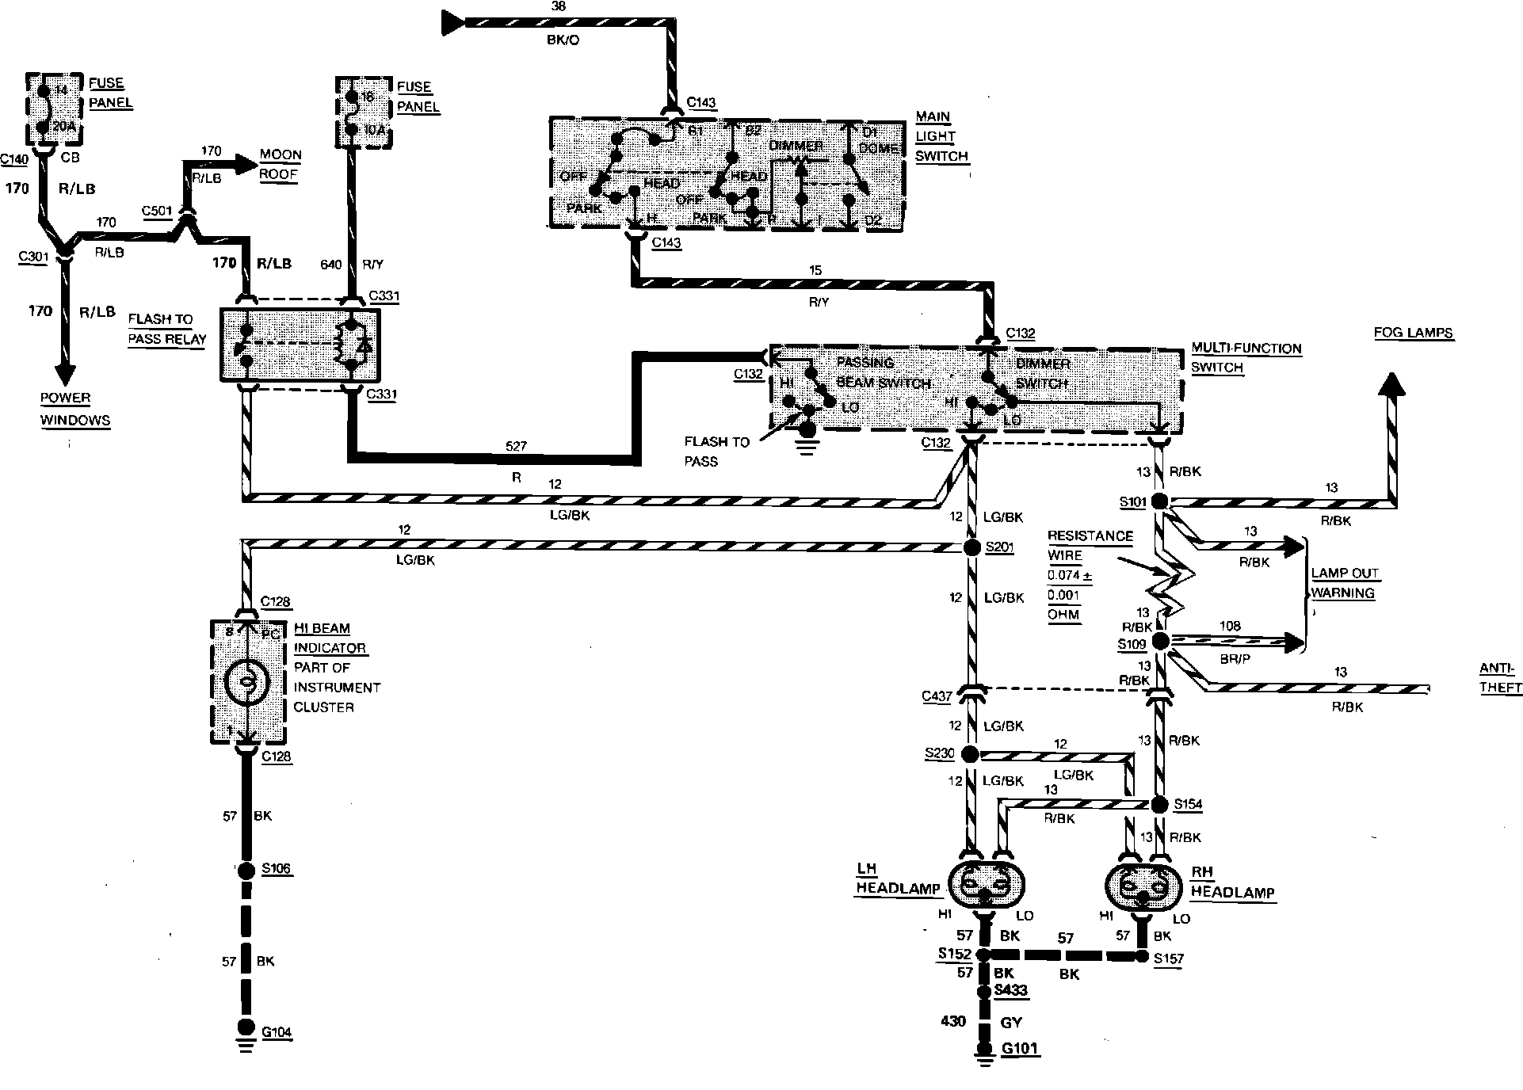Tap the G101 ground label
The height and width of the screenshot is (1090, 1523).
pyautogui.click(x=1020, y=1049)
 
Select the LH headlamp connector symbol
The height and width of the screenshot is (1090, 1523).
pyautogui.click(x=985, y=886)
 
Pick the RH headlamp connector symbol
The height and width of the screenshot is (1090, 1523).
pyautogui.click(x=1143, y=886)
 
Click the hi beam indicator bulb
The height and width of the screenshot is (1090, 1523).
pyautogui.click(x=247, y=682)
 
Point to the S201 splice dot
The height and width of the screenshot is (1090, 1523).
pyautogui.click(x=972, y=547)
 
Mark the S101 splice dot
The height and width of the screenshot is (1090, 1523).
pyautogui.click(x=1158, y=501)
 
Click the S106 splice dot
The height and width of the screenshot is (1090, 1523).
pyautogui.click(x=246, y=870)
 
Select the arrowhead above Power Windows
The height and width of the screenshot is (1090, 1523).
pyautogui.click(x=64, y=374)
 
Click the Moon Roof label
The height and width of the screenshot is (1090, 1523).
pyautogui.click(x=280, y=165)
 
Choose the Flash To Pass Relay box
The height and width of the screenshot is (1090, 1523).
pyautogui.click(x=300, y=345)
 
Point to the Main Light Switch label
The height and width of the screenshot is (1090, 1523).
pyautogui.click(x=941, y=136)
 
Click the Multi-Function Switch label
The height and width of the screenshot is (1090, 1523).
pyautogui.click(x=1246, y=358)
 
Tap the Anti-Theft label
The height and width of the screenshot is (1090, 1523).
pyautogui.click(x=1500, y=678)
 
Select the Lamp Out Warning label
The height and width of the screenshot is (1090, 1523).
pyautogui.click(x=1344, y=583)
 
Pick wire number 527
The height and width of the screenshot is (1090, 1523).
pyautogui.click(x=516, y=447)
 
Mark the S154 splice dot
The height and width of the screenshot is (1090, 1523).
pyautogui.click(x=1158, y=805)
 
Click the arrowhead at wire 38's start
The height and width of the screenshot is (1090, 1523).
pyautogui.click(x=452, y=21)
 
